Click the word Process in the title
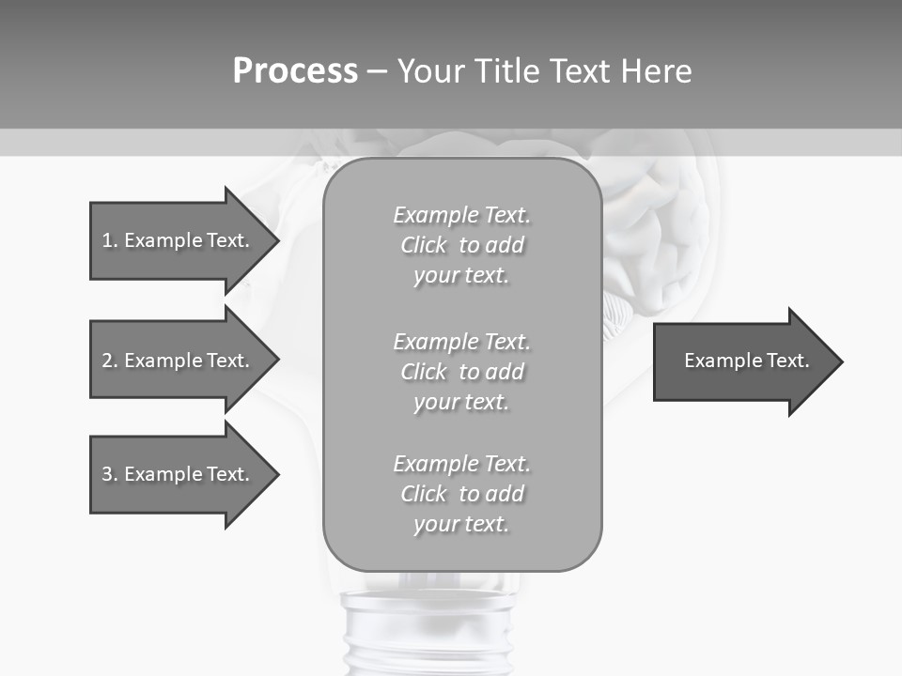point(295,71)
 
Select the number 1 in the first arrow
point(107,240)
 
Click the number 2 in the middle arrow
point(107,361)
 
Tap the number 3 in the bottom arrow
point(107,474)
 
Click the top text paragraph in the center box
point(461,245)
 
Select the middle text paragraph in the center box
point(461,372)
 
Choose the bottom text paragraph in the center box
point(461,494)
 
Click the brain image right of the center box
point(658,225)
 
